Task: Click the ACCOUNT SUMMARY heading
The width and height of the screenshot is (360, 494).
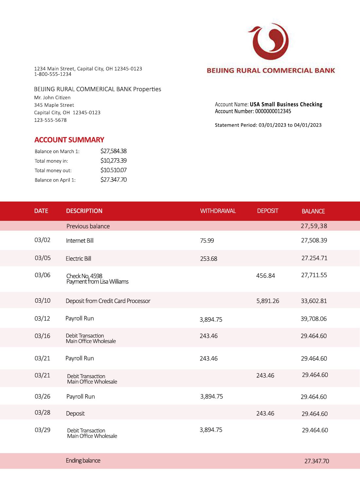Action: point(69,140)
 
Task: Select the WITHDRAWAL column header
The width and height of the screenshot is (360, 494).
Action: point(218,211)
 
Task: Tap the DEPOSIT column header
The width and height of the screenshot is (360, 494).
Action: point(267,211)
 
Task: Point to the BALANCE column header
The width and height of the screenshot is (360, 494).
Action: point(313,211)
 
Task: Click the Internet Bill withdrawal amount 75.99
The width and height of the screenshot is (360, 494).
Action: point(207,241)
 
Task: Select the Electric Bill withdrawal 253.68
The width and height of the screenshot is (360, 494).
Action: point(208,259)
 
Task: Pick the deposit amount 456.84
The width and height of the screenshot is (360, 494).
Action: point(265,276)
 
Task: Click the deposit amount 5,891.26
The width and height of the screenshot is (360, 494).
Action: point(268,301)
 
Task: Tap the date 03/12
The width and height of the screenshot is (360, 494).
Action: point(42,319)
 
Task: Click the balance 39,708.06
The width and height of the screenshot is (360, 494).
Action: point(314,319)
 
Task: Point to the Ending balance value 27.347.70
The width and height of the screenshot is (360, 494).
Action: point(316,461)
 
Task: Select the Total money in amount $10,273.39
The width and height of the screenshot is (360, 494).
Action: point(113,161)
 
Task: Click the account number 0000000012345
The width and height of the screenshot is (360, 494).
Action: point(273,111)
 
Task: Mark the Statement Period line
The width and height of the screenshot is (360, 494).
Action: point(268,125)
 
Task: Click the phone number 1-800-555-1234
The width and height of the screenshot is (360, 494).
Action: point(53,74)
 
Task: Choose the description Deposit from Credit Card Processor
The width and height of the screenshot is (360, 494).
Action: point(108,301)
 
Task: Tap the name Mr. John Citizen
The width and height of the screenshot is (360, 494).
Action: point(52,97)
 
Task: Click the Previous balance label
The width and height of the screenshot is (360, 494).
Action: point(88,226)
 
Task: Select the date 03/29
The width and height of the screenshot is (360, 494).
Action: point(43,430)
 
